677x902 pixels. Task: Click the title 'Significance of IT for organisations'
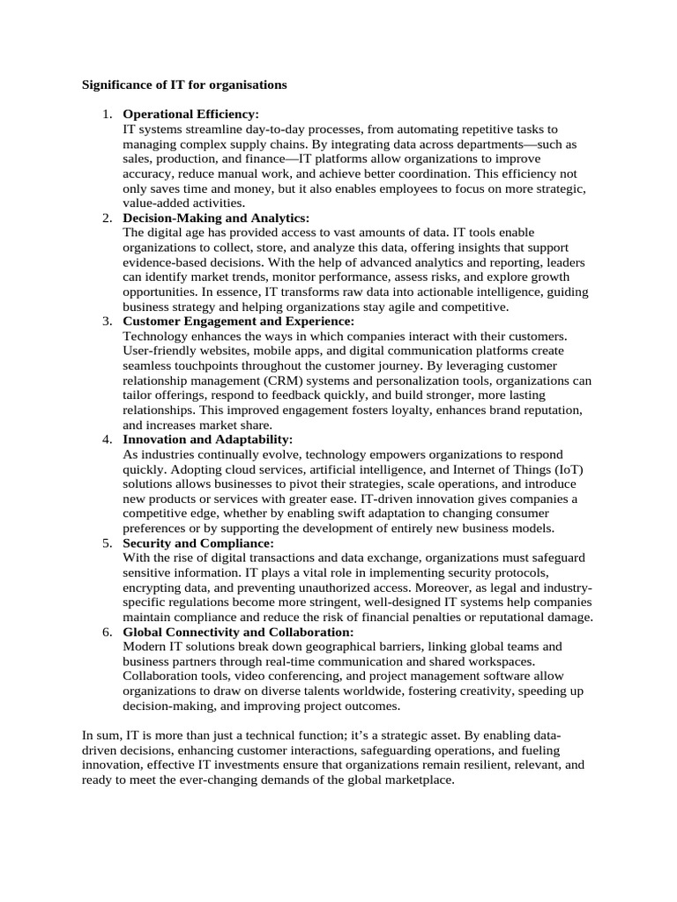[x=184, y=85]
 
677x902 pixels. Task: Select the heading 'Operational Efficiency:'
[x=190, y=115]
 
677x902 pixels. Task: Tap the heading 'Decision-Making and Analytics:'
[x=216, y=218]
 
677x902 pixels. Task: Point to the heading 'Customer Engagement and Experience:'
[x=238, y=322]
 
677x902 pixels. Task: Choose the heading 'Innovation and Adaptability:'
[x=207, y=440]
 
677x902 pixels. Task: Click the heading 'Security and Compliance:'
[x=198, y=543]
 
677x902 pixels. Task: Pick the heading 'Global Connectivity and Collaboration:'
[x=238, y=632]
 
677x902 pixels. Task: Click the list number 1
[x=107, y=115]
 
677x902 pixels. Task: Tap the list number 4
[x=107, y=440]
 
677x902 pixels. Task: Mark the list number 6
[x=107, y=632]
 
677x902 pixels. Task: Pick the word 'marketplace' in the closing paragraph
[x=417, y=780]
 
